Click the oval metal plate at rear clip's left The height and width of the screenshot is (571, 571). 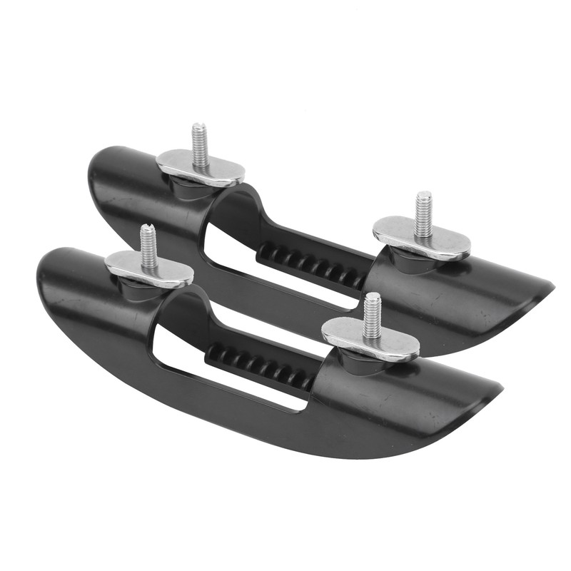(x=201, y=168)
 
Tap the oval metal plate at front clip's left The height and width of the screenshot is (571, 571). (x=149, y=268)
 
